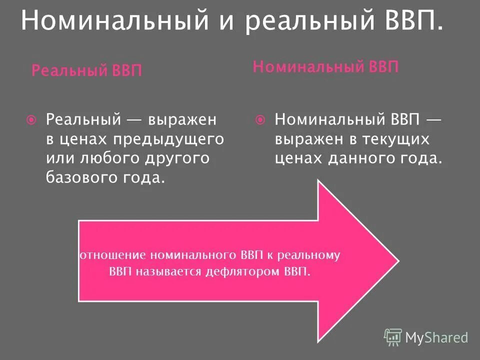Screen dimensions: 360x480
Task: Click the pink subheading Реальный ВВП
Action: click(x=86, y=70)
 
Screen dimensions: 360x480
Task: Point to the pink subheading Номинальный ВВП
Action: click(x=325, y=67)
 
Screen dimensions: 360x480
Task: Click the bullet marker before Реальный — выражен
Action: click(x=31, y=120)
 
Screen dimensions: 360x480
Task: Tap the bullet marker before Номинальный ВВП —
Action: click(x=260, y=120)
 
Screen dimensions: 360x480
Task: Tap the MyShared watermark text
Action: click(x=436, y=338)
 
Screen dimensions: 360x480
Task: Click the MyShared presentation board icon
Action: click(x=393, y=337)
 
